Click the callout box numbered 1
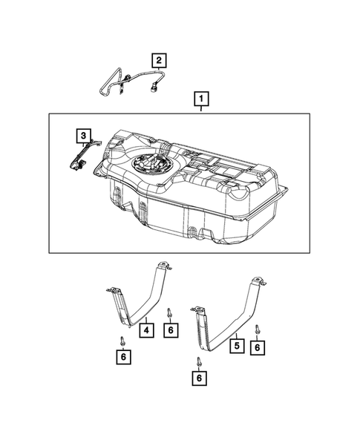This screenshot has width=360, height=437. [x=200, y=97]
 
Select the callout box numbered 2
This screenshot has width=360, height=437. [x=159, y=59]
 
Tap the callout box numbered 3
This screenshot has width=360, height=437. [x=85, y=135]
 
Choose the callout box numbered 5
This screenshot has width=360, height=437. [x=236, y=345]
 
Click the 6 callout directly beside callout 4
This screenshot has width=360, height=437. [x=171, y=329]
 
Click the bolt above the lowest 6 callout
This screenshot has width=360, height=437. [x=200, y=361]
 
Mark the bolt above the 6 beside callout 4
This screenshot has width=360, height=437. [x=170, y=312]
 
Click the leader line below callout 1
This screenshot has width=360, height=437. [x=200, y=108]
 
